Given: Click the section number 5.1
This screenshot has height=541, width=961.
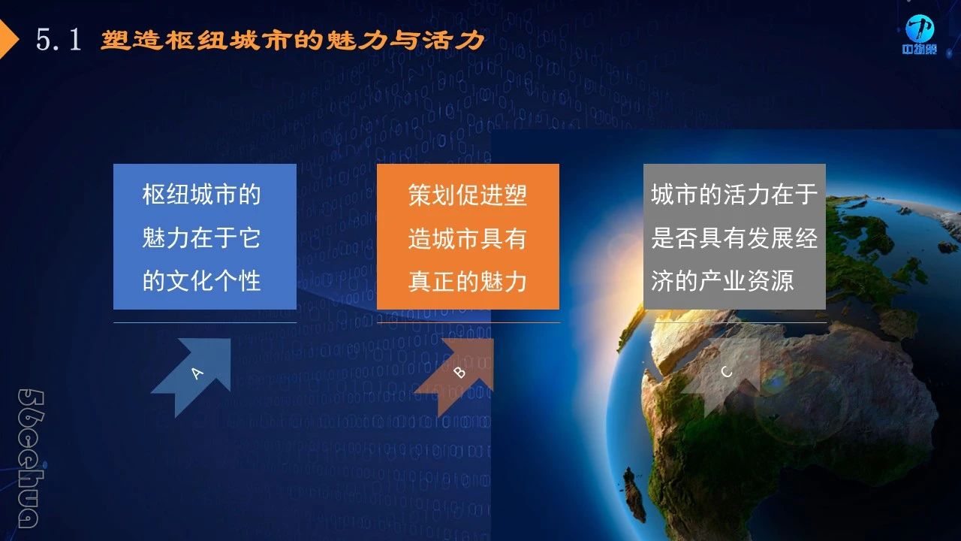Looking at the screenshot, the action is [59, 40].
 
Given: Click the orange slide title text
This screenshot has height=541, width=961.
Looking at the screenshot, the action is [293, 41].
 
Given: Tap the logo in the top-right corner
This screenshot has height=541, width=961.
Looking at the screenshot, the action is [920, 35].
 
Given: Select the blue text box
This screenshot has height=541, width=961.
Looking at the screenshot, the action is [205, 237].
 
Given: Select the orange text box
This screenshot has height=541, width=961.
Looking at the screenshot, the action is [468, 237].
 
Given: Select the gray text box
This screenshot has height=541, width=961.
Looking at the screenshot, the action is [734, 237].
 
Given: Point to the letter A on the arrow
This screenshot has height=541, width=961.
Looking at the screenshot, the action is [197, 373].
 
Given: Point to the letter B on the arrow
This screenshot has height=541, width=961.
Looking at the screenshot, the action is [459, 372].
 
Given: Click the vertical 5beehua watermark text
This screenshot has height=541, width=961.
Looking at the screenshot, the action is [31, 458].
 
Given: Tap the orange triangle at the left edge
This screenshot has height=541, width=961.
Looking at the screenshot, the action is [8, 39].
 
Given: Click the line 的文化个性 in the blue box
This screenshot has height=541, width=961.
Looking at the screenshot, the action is [202, 281].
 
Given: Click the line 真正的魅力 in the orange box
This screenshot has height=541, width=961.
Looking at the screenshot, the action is [468, 281].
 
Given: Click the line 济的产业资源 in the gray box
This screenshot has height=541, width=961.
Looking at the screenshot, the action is [722, 281].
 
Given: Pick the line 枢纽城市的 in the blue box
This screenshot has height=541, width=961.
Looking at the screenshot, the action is [202, 195].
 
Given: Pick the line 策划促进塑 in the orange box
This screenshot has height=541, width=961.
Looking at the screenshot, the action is [468, 195].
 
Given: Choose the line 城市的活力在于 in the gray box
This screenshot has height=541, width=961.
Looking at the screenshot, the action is [734, 195].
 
